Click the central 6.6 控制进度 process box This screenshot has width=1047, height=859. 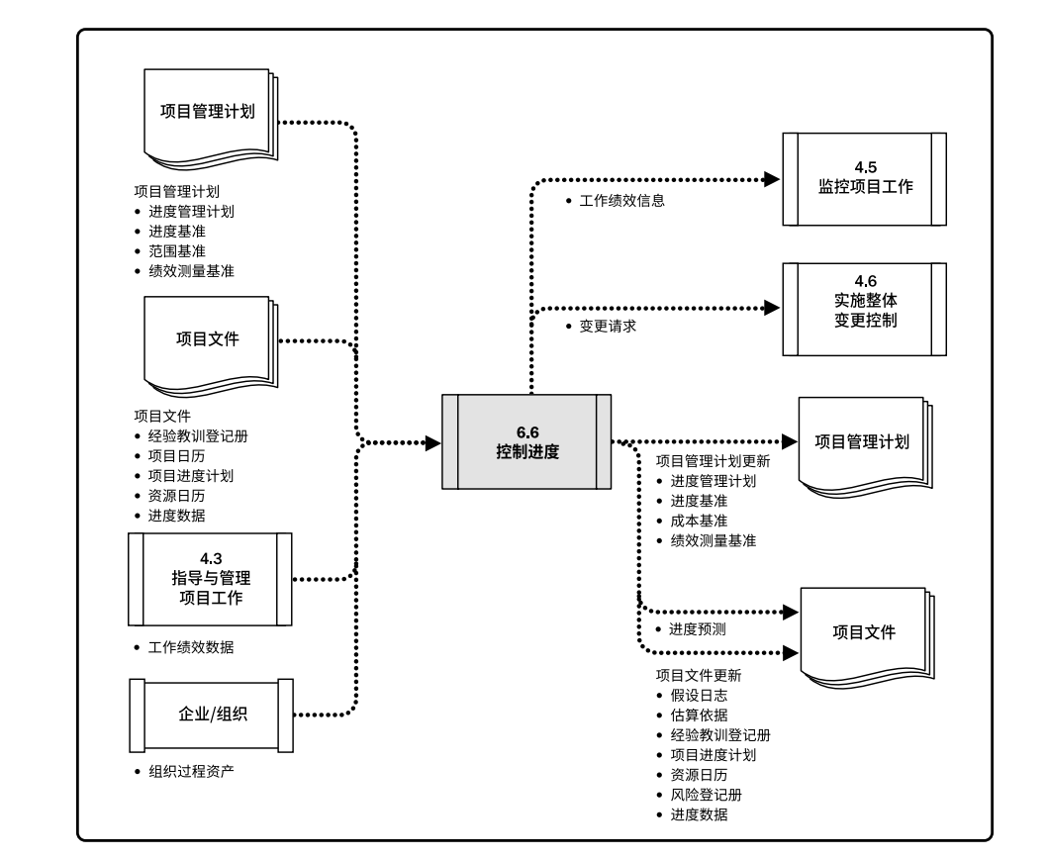click(x=526, y=441)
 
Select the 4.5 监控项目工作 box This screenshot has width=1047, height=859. click(x=864, y=179)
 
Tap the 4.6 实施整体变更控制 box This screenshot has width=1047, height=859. click(x=864, y=309)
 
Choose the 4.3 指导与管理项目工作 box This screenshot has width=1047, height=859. click(x=210, y=578)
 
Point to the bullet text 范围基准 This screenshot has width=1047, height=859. click(x=177, y=250)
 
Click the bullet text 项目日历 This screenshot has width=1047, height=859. click(x=177, y=455)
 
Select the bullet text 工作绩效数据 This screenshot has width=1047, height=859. click(x=191, y=648)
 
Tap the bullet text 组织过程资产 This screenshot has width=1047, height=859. click(x=191, y=771)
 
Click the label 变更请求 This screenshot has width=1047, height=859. click(x=607, y=325)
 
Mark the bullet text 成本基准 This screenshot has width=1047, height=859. click(x=699, y=521)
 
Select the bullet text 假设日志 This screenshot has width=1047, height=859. click(x=699, y=696)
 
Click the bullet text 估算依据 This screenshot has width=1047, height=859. click(x=699, y=716)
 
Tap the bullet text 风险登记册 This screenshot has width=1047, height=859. click(x=706, y=795)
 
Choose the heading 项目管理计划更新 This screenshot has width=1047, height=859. click(x=713, y=461)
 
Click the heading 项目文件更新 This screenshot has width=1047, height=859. click(x=699, y=676)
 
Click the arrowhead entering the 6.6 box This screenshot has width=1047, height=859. click(x=432, y=442)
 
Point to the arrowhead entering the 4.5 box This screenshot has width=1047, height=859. click(x=774, y=180)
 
